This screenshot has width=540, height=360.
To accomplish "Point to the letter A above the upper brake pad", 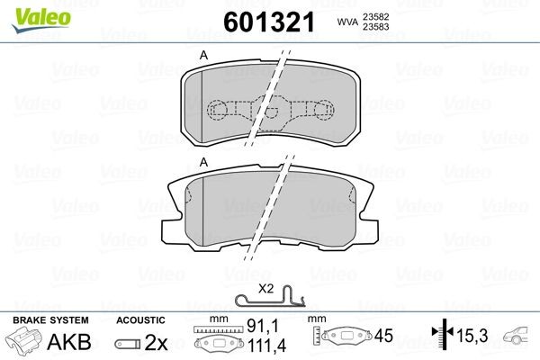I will pyautogui.click(x=203, y=56).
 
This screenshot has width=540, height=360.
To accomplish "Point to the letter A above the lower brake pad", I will pyautogui.click(x=203, y=161).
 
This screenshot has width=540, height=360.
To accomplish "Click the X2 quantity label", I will pyautogui.click(x=265, y=288).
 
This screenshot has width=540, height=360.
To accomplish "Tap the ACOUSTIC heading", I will pyautogui.click(x=141, y=320).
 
